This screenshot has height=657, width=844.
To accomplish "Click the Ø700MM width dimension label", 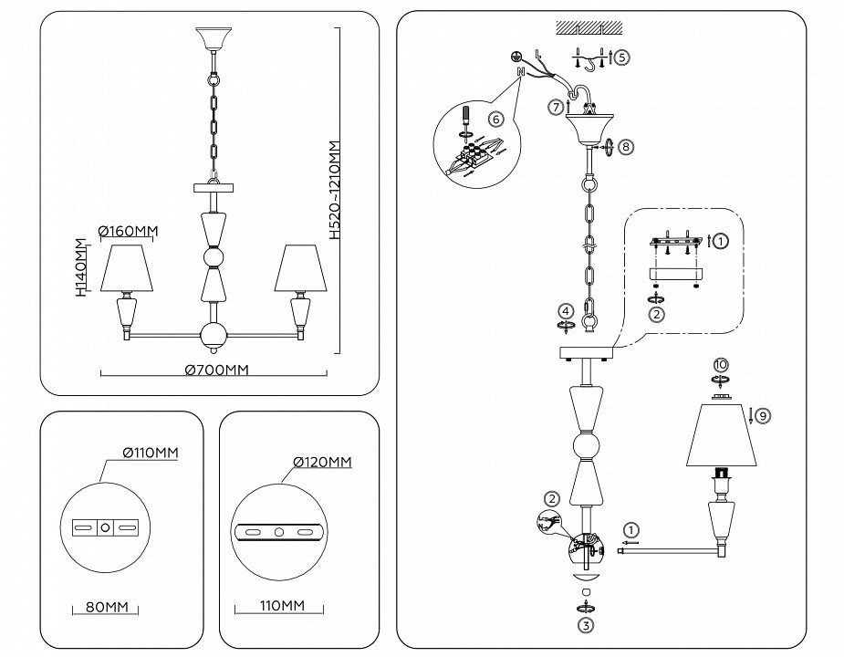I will point(216,370).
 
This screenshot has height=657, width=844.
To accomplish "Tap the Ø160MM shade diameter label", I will point(126,231).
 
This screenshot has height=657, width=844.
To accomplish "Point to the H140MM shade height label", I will point(81,266).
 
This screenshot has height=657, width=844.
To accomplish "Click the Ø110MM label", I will point(149,454).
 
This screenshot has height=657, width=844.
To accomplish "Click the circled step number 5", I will point(621,57).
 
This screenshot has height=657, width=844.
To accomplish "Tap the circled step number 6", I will point(495,120).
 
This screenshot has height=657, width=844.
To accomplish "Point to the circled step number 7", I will point(556,108).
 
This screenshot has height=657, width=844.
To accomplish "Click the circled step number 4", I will point(566,312).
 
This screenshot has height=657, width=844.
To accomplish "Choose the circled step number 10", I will point(720,365).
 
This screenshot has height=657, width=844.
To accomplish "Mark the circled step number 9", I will point(763,415).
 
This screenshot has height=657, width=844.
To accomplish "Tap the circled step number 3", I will point(585,625).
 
